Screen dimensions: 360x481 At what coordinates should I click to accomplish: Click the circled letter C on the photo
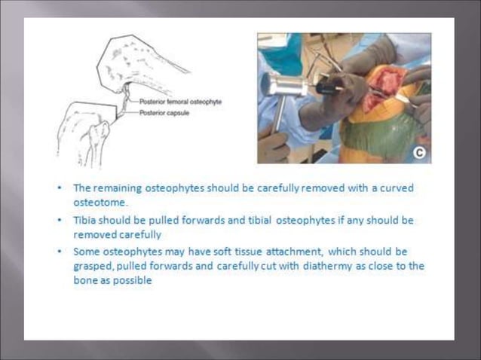point(418,153)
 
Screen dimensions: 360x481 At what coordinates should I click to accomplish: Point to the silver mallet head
point(283,84)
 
